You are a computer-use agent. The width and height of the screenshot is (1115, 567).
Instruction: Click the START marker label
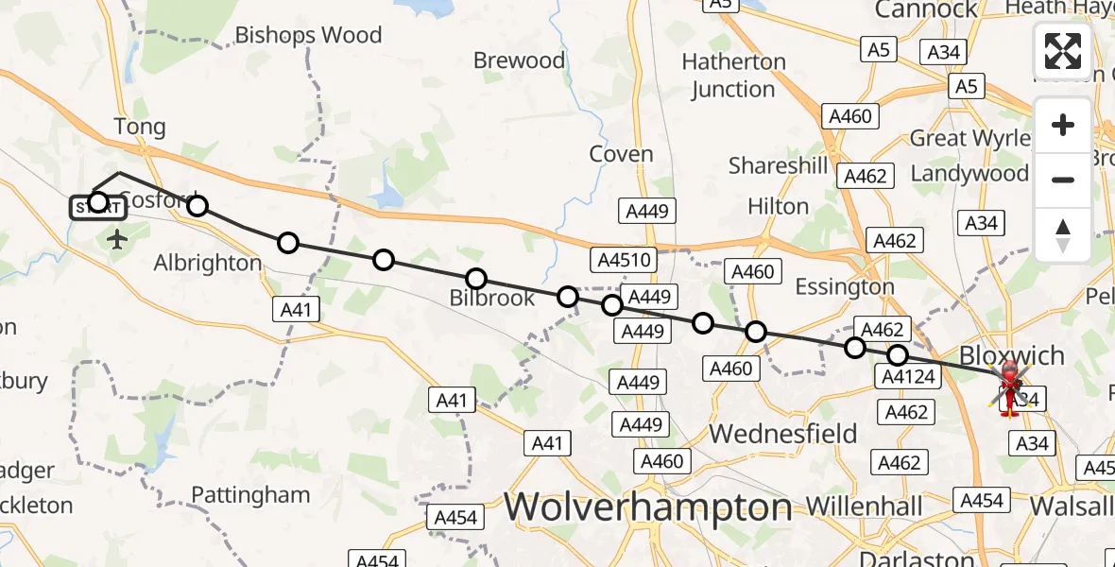pyautogui.click(x=96, y=206)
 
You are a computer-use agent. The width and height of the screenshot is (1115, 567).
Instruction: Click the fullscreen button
pyautogui.click(x=1063, y=51)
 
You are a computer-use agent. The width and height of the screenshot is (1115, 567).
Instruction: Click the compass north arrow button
pyautogui.click(x=1063, y=235)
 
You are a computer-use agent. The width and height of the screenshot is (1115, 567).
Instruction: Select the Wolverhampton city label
pyautogui.click(x=647, y=507)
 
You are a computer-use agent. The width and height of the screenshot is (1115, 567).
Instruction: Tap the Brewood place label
pyautogui.click(x=519, y=60)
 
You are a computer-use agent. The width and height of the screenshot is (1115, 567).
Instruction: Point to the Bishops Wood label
pyautogui.click(x=308, y=36)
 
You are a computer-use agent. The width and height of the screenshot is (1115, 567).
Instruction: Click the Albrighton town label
pyautogui.click(x=208, y=263)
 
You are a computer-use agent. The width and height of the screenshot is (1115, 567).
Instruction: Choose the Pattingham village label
pyautogui.click(x=250, y=494)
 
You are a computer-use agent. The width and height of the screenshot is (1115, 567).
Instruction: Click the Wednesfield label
pyautogui.click(x=783, y=434)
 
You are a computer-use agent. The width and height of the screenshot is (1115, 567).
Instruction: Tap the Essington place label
pyautogui.click(x=845, y=286)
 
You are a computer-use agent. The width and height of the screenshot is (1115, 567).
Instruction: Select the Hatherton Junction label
pyautogui.click(x=733, y=76)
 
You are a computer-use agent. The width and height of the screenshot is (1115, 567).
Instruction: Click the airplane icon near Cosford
pyautogui.click(x=117, y=238)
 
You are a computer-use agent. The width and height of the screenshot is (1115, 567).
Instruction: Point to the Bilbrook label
pyautogui.click(x=491, y=299)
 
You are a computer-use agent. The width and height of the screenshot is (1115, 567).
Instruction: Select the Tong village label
pyautogui.click(x=139, y=127)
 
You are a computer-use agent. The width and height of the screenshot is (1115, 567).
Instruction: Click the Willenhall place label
pyautogui.click(x=865, y=506)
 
